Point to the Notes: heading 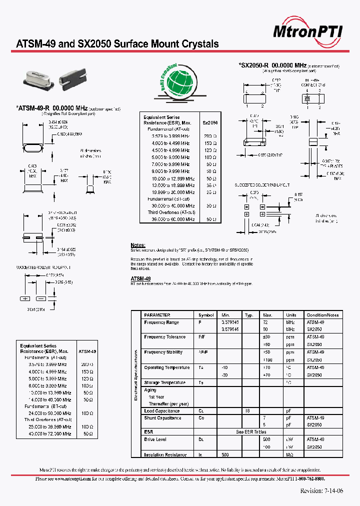click(x=138, y=245)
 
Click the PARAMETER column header click(x=157, y=315)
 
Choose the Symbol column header click(x=206, y=315)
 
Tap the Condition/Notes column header click(x=322, y=315)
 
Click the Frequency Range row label click(x=161, y=322)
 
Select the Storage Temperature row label click(x=164, y=382)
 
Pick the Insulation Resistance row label click(x=165, y=455)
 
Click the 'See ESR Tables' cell click(x=251, y=431)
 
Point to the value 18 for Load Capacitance click(x=247, y=411)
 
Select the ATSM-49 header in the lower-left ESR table click(x=87, y=351)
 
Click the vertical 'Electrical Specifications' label click(x=135, y=375)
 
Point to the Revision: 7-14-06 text click(x=321, y=490)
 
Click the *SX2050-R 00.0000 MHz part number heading click(x=273, y=65)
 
